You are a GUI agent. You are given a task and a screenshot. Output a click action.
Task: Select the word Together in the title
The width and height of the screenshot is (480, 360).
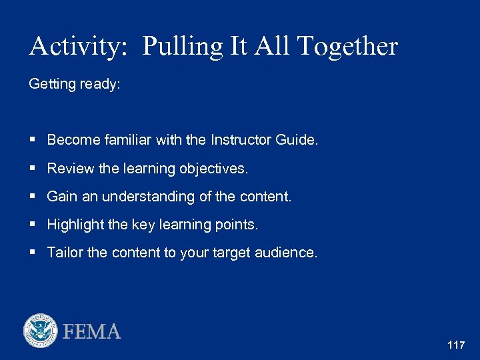(x=347, y=47)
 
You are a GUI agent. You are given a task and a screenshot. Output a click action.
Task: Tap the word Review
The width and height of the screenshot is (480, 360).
(x=71, y=169)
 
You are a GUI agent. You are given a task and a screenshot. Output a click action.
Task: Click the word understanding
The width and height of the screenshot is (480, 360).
(x=142, y=197)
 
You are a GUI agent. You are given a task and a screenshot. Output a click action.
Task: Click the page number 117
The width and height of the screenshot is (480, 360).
(x=456, y=345)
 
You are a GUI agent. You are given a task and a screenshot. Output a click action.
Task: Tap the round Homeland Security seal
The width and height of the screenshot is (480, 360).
(x=41, y=331)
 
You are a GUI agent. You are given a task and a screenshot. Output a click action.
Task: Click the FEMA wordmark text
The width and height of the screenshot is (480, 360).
(x=92, y=331)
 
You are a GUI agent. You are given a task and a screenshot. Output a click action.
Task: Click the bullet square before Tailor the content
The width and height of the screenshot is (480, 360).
(x=33, y=253)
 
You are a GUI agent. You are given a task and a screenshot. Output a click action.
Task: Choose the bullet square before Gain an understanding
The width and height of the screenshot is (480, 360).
(x=33, y=197)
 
